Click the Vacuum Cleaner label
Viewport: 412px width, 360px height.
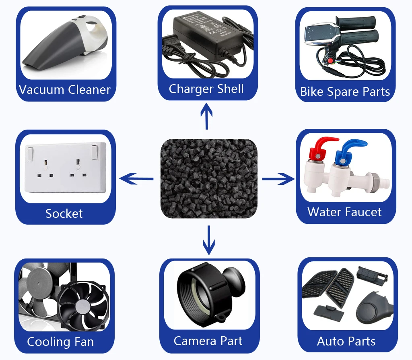[x=64, y=89]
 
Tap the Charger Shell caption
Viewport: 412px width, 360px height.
[x=206, y=89]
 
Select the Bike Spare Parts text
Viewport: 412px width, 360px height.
[x=345, y=91]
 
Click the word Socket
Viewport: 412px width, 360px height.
[x=64, y=213]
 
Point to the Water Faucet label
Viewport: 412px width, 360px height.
[x=344, y=212]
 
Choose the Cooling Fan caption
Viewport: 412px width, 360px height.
[x=60, y=342]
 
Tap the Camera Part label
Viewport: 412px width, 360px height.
[x=208, y=341]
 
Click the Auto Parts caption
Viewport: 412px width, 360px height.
[x=346, y=341]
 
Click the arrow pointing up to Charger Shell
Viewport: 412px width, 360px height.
[x=207, y=116]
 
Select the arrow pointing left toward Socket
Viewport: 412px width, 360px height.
[x=137, y=178]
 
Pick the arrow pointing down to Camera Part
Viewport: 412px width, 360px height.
[x=208, y=240]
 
